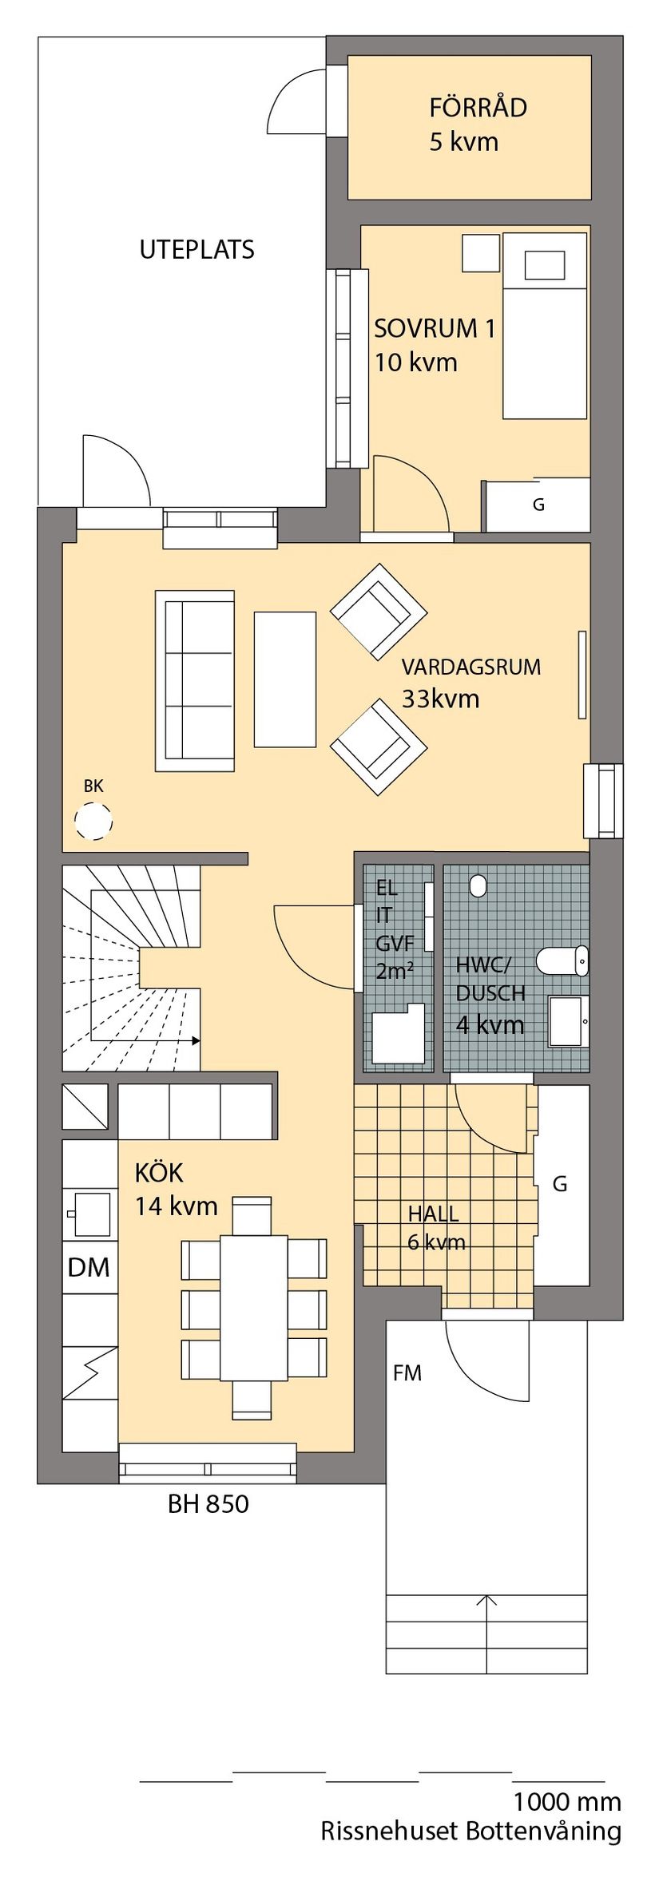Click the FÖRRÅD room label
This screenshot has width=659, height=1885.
pos(478,108)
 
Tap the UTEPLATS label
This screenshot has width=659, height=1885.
pos(197,250)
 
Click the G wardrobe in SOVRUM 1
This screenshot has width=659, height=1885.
pos(538,505)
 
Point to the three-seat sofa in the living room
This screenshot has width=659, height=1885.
pos(195,680)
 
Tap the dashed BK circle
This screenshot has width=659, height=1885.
pos(93,821)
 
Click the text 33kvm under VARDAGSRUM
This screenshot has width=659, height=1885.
pos(440,699)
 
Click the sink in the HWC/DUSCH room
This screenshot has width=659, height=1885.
pos(568,1021)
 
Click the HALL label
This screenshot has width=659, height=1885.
pos(433,1214)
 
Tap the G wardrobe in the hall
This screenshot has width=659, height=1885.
pos(560,1184)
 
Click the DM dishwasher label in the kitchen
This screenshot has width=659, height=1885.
pos(89,1267)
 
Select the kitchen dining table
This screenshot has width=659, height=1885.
pos(253,1308)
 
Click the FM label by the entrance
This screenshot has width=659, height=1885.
pos(407,1373)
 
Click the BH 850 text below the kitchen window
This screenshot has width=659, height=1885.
pos(208,1504)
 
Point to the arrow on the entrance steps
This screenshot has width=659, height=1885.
pos(486,1598)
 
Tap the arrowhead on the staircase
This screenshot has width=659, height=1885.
pos(195,1040)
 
